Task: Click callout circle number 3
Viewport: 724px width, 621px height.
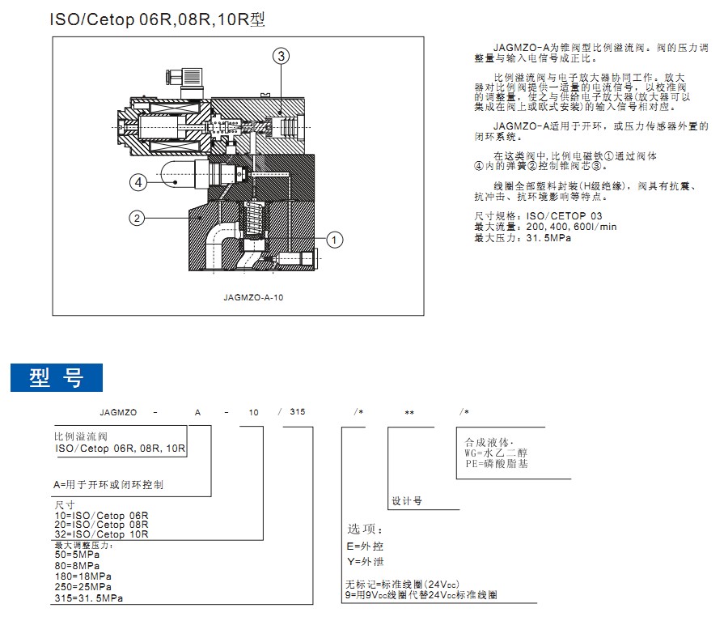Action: pos(281,56)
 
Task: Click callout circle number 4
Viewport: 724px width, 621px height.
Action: pos(139,183)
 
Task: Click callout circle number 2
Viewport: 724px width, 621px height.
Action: pos(138,218)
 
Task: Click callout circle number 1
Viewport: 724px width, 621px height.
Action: pos(335,239)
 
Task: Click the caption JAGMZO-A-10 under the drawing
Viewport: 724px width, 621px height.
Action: pos(253,297)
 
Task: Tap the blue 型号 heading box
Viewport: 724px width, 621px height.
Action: pos(57,377)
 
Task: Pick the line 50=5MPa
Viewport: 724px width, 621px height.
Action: pos(78,555)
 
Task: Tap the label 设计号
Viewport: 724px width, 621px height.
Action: pos(407,501)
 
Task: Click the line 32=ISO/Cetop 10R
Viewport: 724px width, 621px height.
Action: pos(101,534)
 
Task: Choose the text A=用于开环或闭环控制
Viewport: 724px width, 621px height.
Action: pos(108,485)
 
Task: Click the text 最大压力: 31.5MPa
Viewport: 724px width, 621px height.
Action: pos(517,238)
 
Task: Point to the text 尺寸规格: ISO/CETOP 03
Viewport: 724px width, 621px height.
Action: pos(539,216)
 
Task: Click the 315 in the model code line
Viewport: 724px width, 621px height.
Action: pos(297,413)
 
